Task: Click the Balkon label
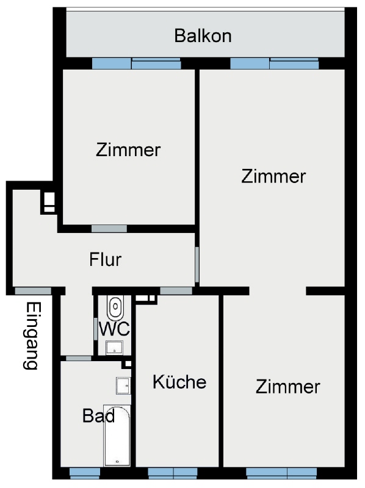203,36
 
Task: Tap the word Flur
105,260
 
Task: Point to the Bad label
98,415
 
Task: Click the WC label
114,329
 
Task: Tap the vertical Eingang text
32,335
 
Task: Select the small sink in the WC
114,348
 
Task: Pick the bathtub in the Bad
117,436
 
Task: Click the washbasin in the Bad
123,386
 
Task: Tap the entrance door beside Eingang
34,291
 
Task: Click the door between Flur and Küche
176,291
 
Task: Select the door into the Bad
79,358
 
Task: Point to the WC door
96,329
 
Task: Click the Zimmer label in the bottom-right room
287,387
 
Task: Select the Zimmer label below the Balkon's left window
128,149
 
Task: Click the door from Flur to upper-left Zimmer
109,229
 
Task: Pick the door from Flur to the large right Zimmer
197,264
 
